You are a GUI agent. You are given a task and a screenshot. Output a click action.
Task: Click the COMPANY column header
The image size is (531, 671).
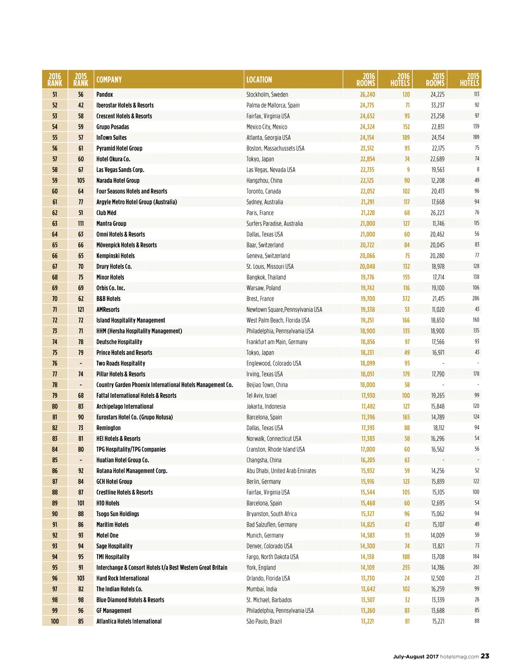click(109, 80)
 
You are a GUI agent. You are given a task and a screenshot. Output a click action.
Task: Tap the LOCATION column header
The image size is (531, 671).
click(259, 80)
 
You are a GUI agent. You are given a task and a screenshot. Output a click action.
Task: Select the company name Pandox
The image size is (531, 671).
click(105, 95)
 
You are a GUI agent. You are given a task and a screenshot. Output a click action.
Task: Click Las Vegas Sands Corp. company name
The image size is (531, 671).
click(120, 170)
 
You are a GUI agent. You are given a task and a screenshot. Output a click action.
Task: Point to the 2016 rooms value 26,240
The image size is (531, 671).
click(367, 95)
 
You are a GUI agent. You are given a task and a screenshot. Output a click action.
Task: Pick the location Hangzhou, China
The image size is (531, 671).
click(264, 181)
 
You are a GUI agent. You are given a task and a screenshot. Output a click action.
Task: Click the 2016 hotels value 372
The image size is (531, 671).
click(406, 299)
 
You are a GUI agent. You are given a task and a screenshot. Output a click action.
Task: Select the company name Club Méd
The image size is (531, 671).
click(106, 213)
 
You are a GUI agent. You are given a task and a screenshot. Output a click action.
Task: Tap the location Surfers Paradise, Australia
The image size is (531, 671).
click(274, 224)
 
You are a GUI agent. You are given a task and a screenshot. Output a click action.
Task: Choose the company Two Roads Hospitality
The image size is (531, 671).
click(121, 364)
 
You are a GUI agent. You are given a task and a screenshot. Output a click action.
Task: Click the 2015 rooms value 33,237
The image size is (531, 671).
click(437, 105)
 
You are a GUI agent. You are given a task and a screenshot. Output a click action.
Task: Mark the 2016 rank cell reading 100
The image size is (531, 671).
click(55, 621)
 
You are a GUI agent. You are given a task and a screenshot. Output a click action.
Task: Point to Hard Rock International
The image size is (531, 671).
click(122, 578)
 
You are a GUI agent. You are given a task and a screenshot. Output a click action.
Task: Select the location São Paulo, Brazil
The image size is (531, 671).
click(264, 621)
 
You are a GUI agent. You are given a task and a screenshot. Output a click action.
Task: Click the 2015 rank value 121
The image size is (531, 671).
click(81, 310)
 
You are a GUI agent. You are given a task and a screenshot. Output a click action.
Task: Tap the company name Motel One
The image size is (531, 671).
click(107, 535)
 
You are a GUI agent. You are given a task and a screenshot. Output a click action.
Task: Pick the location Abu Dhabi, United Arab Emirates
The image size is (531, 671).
click(281, 471)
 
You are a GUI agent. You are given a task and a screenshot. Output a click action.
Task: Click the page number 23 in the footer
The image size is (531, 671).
click(485, 656)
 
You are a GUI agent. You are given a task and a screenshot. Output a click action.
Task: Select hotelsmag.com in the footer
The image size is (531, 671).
click(459, 656)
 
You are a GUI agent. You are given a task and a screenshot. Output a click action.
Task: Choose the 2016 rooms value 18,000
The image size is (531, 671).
click(367, 385)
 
